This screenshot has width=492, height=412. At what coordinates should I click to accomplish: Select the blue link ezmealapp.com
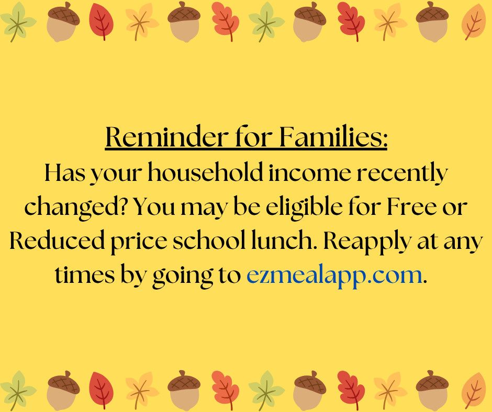pos(334,274)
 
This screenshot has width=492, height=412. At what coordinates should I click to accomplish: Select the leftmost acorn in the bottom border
pos(63,390)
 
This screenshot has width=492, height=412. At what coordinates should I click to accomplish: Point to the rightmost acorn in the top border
pos(432,21)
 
